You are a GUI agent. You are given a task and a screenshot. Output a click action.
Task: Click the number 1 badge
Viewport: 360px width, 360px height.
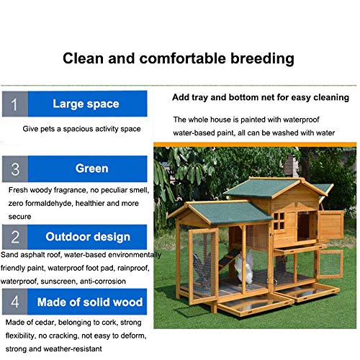point(13,104)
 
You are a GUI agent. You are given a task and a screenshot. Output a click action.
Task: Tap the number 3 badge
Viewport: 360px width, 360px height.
point(14,169)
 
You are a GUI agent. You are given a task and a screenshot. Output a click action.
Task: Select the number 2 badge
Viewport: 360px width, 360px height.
point(14,236)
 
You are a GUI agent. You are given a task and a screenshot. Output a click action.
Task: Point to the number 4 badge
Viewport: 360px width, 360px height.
point(14,302)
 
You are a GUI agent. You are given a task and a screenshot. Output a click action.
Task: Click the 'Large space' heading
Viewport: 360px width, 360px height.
point(86,104)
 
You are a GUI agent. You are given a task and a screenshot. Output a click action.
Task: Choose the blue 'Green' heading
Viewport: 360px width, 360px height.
point(91,168)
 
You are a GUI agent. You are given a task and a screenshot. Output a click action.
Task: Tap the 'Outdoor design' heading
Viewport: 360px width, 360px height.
point(88,236)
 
